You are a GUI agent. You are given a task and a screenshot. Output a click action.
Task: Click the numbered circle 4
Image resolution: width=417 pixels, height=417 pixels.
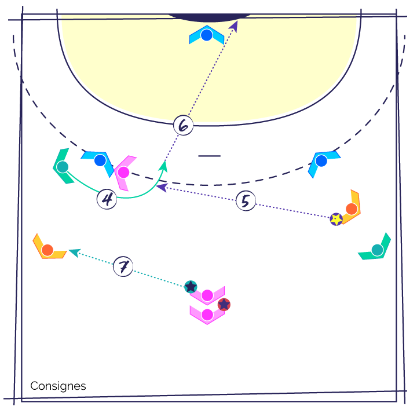click(x=107, y=199)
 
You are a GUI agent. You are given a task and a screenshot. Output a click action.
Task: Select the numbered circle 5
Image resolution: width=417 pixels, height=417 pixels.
click(x=246, y=201)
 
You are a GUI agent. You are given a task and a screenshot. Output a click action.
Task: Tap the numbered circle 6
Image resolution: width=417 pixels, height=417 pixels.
click(x=183, y=125)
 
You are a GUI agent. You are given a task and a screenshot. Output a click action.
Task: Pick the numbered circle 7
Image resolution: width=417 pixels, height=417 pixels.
click(x=123, y=266)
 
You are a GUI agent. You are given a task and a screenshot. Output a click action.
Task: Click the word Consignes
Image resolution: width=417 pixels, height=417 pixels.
click(x=58, y=386)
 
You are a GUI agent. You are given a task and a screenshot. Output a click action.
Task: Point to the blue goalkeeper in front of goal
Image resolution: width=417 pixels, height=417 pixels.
click(x=207, y=35)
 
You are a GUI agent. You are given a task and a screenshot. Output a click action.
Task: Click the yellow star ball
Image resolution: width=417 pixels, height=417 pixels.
click(x=336, y=220)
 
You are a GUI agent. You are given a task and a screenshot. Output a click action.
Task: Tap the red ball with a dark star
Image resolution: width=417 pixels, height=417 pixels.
click(x=224, y=305)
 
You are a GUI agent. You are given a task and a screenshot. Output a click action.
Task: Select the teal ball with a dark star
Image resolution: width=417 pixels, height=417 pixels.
click(x=191, y=287)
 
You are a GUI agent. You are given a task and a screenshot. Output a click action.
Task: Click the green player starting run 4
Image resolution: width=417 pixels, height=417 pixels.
click(x=63, y=167)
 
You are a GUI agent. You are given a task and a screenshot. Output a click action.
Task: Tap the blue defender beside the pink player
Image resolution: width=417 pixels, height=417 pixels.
click(x=100, y=160)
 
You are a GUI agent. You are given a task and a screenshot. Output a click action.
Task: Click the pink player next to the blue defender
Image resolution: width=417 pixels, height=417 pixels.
click(x=123, y=173)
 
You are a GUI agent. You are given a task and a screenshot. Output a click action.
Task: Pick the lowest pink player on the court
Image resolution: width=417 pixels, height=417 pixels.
click(x=207, y=315)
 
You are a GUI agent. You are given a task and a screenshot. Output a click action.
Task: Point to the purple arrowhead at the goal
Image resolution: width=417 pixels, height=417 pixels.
click(x=233, y=27)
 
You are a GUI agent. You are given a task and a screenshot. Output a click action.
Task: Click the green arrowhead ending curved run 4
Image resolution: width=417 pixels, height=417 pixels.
click(x=163, y=166)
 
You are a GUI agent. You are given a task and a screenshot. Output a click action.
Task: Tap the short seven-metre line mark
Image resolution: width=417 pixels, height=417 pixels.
click(x=209, y=156)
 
